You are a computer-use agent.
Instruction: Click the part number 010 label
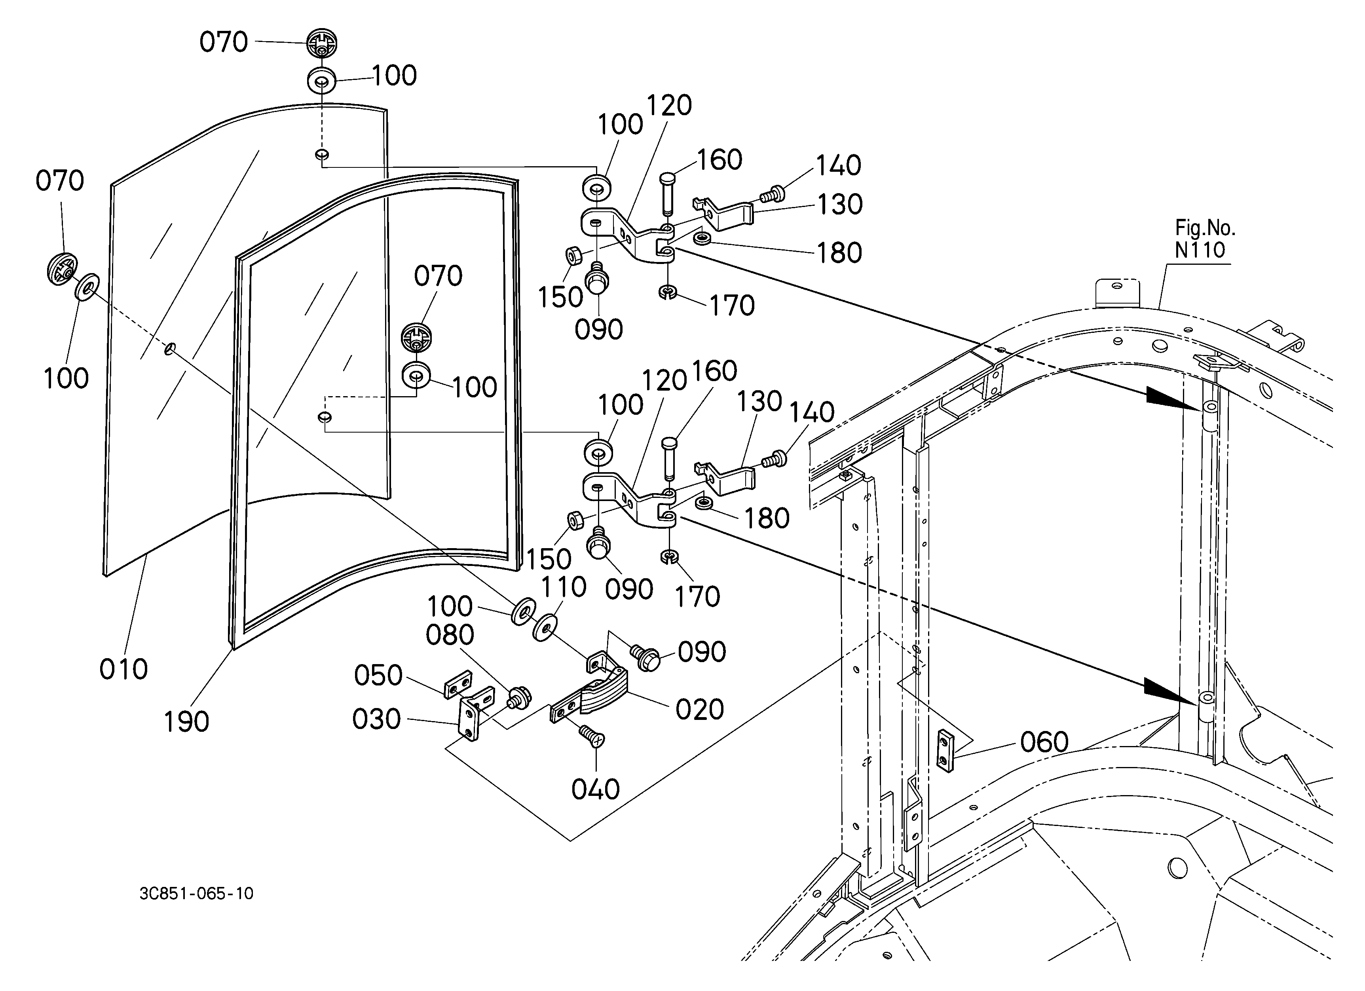[x=123, y=669]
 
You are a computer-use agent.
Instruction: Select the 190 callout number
[x=186, y=721]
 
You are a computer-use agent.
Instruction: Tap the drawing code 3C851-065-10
[x=196, y=894]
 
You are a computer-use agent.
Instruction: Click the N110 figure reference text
[x=1200, y=250]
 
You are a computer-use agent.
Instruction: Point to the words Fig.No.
[x=1205, y=228]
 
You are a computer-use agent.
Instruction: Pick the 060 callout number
[x=1044, y=742]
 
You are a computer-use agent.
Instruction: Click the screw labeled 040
[x=592, y=737]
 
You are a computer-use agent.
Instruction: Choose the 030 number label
[x=376, y=719]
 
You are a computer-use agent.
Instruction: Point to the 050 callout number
[x=378, y=676]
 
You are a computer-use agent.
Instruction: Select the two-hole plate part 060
[x=945, y=751]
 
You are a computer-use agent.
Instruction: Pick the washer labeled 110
[x=545, y=628]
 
